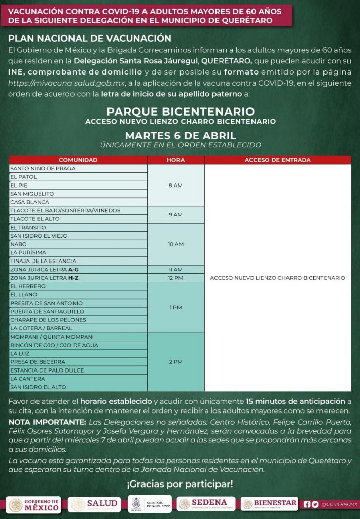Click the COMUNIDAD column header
(78, 160)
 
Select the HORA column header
(175, 160)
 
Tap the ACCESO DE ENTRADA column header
(277, 160)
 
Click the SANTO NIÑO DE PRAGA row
(78, 168)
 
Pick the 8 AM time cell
(175, 185)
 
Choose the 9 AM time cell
(175, 214)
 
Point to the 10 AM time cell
(175, 244)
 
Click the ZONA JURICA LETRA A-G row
(78, 269)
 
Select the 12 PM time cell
(175, 278)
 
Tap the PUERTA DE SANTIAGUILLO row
(78, 311)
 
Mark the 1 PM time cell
(175, 307)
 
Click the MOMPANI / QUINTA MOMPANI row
(78, 337)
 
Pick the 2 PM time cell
(175, 362)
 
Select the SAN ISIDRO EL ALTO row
(78, 387)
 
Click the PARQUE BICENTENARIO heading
(180, 112)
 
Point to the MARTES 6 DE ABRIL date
(180, 135)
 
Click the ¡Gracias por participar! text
(180, 484)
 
